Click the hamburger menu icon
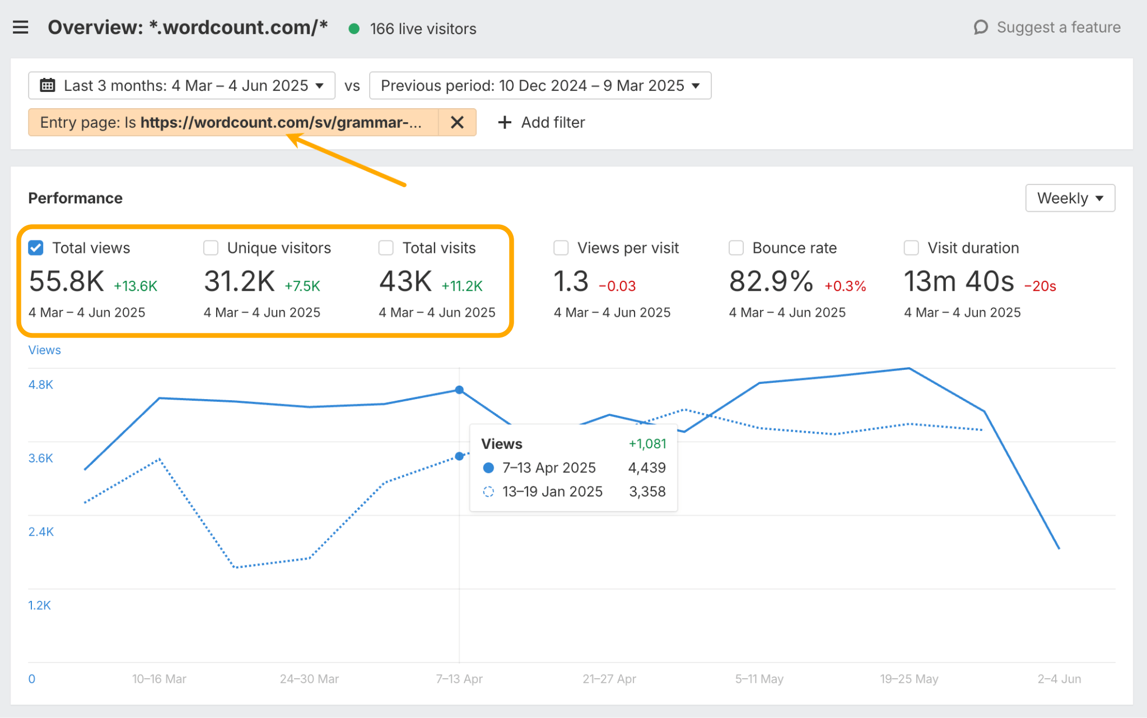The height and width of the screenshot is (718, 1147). tap(21, 27)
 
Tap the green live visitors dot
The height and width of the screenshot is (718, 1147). tap(354, 29)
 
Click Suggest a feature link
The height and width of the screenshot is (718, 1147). tap(1047, 27)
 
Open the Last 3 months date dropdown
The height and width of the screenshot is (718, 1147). tap(182, 86)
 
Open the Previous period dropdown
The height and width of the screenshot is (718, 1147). tap(540, 86)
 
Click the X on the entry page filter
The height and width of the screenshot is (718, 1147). tap(457, 122)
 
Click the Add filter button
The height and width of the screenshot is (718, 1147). tap(542, 122)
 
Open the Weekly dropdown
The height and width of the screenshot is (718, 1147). tap(1070, 198)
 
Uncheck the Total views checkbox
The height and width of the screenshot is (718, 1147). tap(36, 248)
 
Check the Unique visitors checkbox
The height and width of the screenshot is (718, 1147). tap(211, 248)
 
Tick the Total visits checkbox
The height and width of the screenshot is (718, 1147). tap(386, 248)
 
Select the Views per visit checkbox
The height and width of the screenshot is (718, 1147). tap(561, 248)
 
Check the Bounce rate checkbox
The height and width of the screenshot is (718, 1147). tap(736, 248)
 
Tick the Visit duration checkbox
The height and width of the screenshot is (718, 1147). tap(911, 248)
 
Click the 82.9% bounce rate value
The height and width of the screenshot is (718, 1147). tap(771, 281)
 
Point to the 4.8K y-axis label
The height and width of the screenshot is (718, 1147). tap(41, 385)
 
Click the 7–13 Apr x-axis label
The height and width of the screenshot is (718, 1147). tap(459, 679)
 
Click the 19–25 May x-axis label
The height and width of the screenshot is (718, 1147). tap(909, 679)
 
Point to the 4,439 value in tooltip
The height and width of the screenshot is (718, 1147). tap(647, 467)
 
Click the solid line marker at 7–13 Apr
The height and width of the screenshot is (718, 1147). tap(459, 390)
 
